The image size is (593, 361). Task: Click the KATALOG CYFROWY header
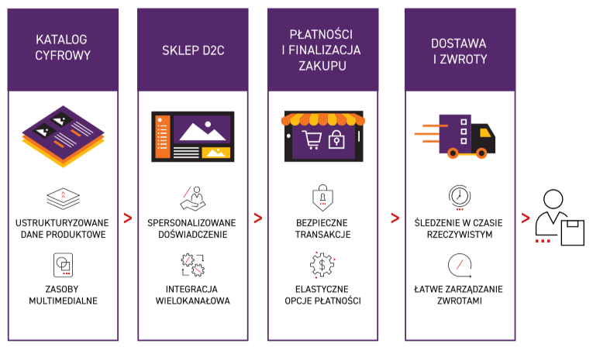tap(64, 47)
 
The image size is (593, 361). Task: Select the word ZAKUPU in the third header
tap(322, 67)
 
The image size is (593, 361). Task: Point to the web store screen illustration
tap(193, 137)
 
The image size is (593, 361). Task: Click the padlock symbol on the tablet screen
tap(337, 140)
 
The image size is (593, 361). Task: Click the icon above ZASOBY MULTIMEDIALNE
tap(63, 265)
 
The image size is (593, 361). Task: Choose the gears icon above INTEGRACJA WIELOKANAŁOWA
tap(192, 266)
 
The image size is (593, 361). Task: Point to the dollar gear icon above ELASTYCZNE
tap(322, 266)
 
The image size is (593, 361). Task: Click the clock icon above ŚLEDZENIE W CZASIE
tap(459, 196)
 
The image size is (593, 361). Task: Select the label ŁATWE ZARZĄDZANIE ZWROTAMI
tap(460, 295)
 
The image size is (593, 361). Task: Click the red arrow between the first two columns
tap(127, 218)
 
